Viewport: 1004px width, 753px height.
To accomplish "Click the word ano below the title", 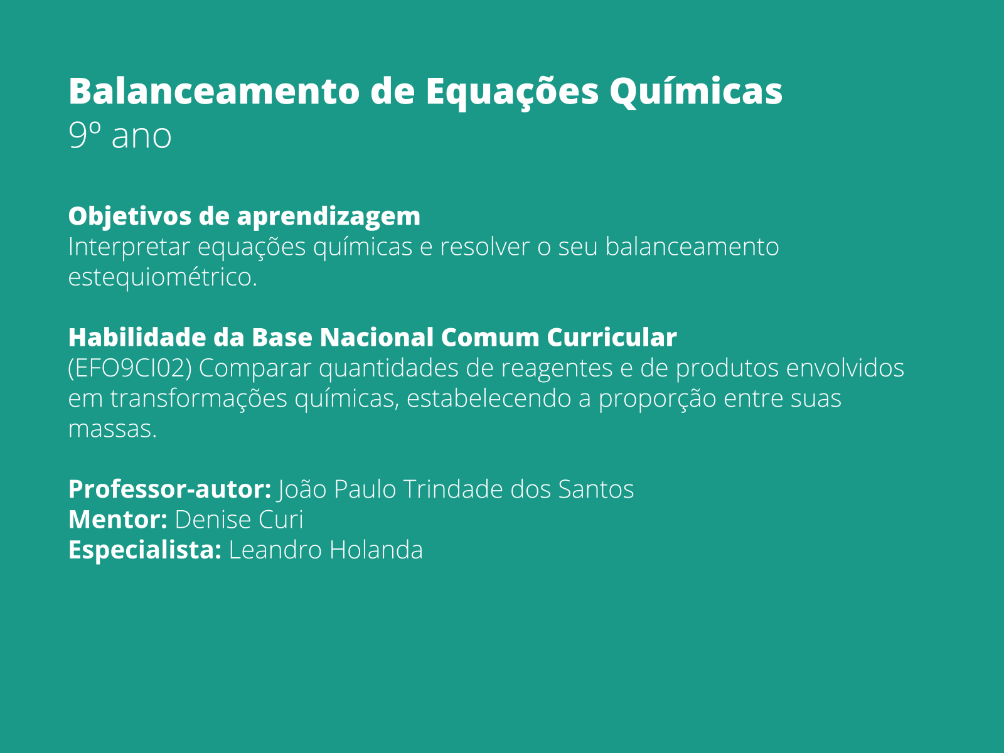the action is click(x=141, y=137).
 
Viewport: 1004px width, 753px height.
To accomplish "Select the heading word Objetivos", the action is click(x=130, y=216).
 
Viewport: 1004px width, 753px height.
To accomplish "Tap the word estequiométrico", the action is click(x=163, y=277).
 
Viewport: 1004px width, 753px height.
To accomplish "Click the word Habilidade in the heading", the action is click(x=137, y=338).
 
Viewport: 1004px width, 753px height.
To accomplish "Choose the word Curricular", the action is click(x=612, y=338).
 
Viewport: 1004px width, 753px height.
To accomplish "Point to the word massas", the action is click(x=112, y=430).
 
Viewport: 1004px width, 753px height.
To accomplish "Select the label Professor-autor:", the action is click(x=169, y=489).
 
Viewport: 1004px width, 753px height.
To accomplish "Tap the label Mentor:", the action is click(x=118, y=520).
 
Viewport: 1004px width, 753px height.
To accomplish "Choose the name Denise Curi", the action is click(x=239, y=520).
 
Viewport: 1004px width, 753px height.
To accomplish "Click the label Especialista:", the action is click(x=145, y=550).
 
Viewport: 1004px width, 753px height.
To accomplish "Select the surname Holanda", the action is click(x=376, y=550).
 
